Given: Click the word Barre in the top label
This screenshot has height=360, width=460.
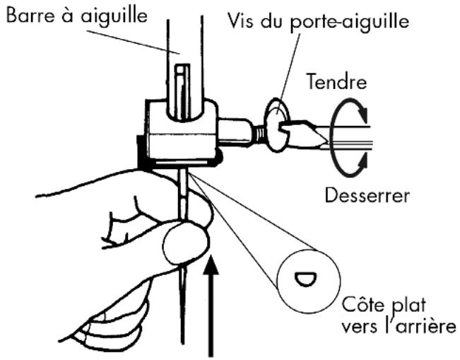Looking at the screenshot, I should [x=28, y=14].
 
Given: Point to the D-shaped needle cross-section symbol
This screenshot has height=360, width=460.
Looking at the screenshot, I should [x=303, y=277].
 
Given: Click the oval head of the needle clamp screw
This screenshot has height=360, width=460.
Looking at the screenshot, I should [x=276, y=126].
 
